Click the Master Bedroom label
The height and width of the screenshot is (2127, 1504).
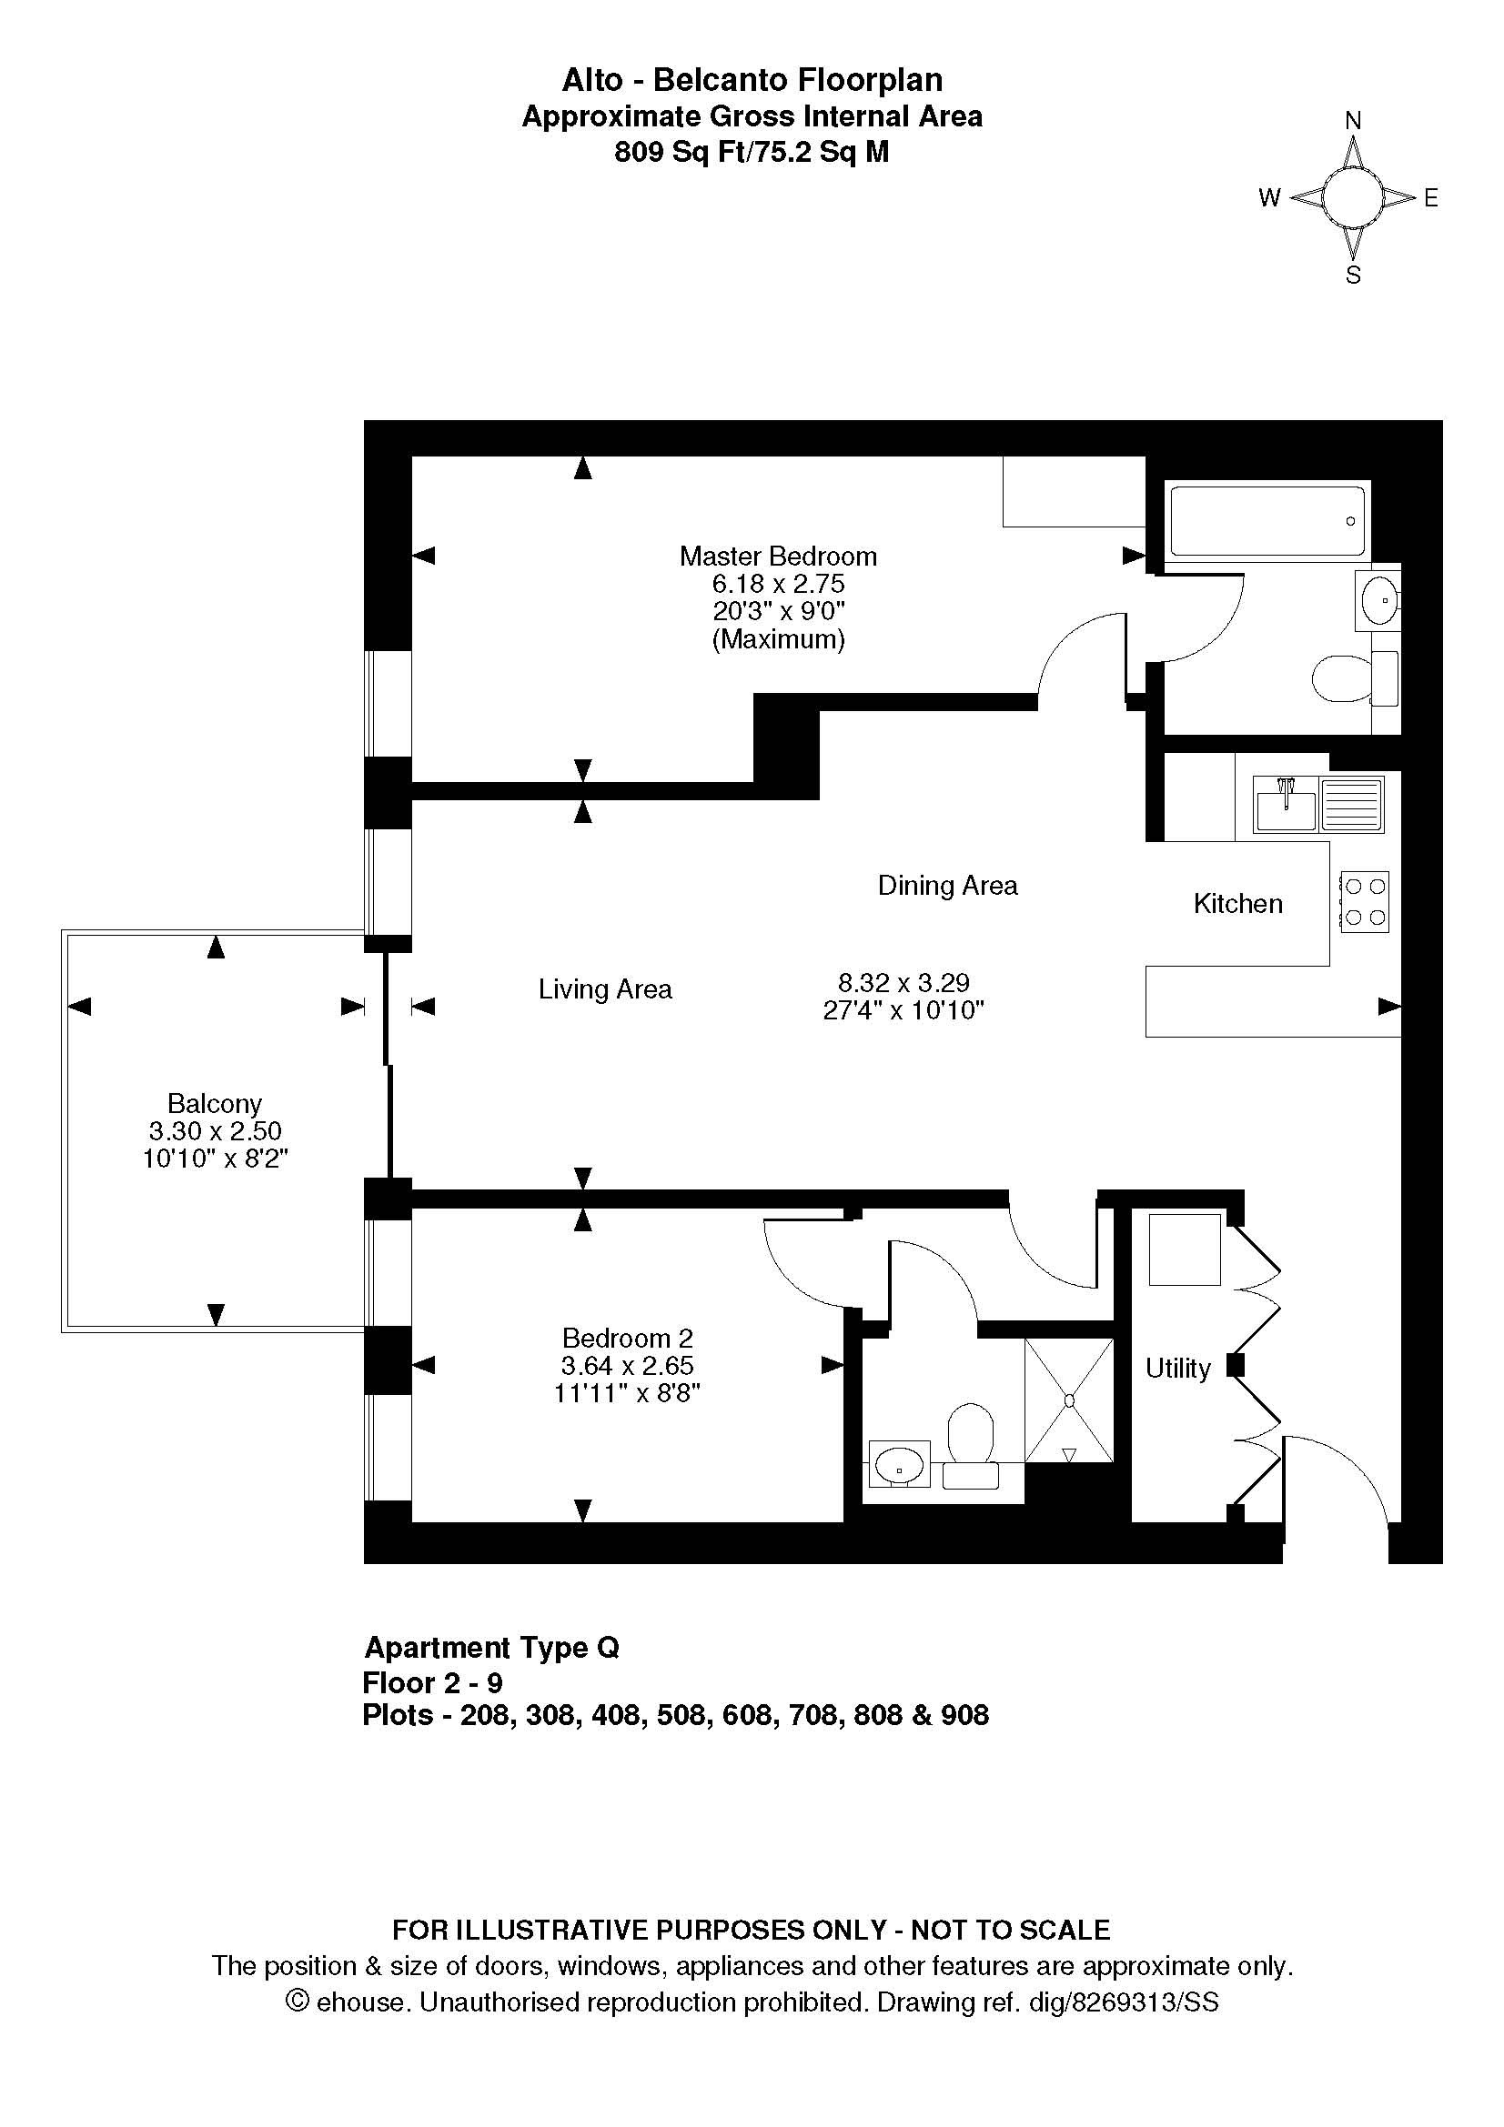click(778, 556)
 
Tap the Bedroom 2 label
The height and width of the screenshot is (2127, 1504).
click(628, 1338)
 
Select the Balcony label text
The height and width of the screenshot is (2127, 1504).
click(215, 1103)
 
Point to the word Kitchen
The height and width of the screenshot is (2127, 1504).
click(1238, 903)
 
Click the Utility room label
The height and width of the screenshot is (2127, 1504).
click(1177, 1369)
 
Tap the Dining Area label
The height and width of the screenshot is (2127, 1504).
click(947, 886)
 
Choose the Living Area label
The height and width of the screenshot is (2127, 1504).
click(605, 989)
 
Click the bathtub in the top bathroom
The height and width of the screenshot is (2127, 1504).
click(1268, 521)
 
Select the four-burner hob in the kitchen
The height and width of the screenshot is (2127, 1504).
click(1364, 901)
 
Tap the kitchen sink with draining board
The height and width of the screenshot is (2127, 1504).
click(1318, 803)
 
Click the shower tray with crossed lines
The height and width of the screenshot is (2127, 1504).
click(1068, 1400)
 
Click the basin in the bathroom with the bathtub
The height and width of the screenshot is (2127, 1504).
click(1378, 600)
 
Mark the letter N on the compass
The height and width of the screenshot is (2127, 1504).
click(1353, 120)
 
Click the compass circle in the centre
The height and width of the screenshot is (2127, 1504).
click(1352, 197)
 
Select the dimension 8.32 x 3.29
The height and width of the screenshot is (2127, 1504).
click(903, 982)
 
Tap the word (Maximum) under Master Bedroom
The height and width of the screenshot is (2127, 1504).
click(779, 639)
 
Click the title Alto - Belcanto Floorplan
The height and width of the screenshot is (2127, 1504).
click(752, 81)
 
